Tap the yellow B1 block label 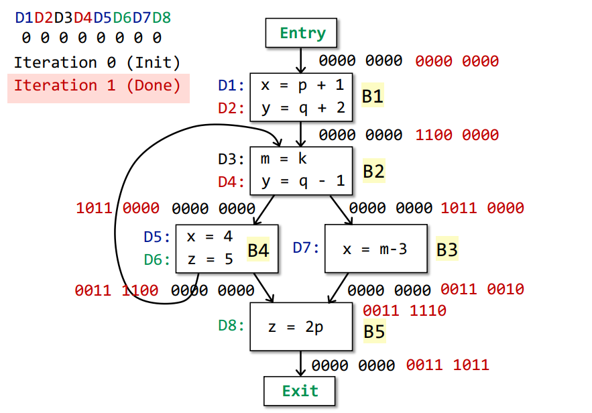click(x=373, y=95)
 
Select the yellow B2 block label click(x=374, y=171)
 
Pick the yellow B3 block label click(x=447, y=249)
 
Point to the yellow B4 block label click(x=258, y=249)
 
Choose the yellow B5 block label click(x=374, y=331)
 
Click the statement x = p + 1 click(x=302, y=85)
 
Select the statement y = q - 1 click(x=303, y=181)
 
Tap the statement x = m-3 click(x=375, y=249)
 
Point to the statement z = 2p click(x=296, y=327)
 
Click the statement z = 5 click(x=211, y=259)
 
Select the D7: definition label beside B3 click(x=306, y=247)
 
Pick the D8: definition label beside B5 click(x=231, y=325)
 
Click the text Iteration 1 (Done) click(x=97, y=86)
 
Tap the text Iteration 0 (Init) click(x=97, y=62)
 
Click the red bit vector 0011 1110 click(x=404, y=310)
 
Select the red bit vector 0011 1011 click(x=448, y=365)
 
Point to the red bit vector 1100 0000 click(x=457, y=135)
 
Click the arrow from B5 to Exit click(x=300, y=363)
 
